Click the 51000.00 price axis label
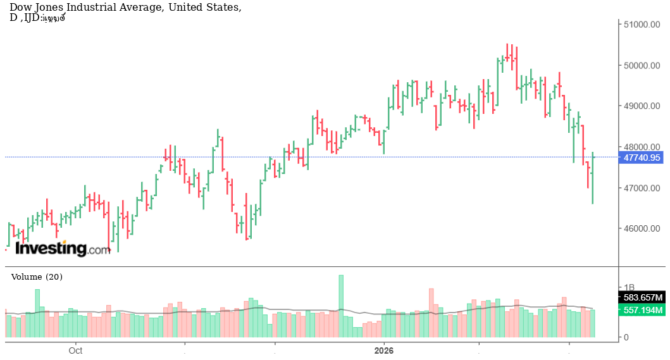pos(642,25)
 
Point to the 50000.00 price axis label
pos(642,66)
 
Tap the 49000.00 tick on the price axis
pos(642,106)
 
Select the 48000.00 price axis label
pos(642,147)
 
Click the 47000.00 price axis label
pos(642,189)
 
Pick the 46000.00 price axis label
pos(642,229)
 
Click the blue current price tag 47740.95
pos(642,158)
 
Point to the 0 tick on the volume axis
pos(626,337)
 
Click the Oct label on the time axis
pos(76,350)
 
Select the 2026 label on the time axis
pos(384,350)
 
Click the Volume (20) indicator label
pos(37,276)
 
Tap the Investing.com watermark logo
pos(62,249)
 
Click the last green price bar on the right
pos(593,178)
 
